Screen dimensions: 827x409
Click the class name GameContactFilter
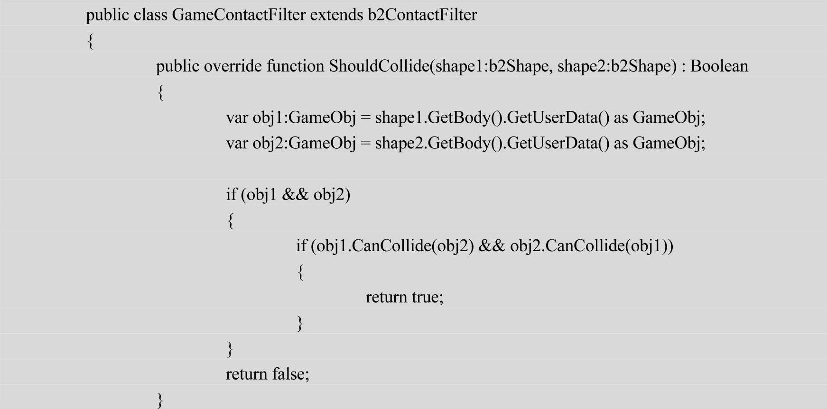point(239,15)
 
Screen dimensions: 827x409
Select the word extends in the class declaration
point(336,15)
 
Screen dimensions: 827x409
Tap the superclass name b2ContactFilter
point(422,15)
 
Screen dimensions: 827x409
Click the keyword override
point(232,66)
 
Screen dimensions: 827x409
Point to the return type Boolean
point(719,66)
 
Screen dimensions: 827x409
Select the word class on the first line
point(150,15)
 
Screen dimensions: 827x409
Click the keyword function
point(295,66)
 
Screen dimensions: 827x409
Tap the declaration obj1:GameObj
point(304,118)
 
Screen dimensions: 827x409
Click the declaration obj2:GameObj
point(304,143)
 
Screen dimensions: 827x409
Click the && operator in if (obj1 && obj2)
point(295,194)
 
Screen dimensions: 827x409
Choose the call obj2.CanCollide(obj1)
point(589,245)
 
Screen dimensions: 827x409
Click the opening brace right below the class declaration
point(91,41)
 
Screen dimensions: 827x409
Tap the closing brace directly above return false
point(230,349)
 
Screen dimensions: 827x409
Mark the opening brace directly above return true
point(300,272)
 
